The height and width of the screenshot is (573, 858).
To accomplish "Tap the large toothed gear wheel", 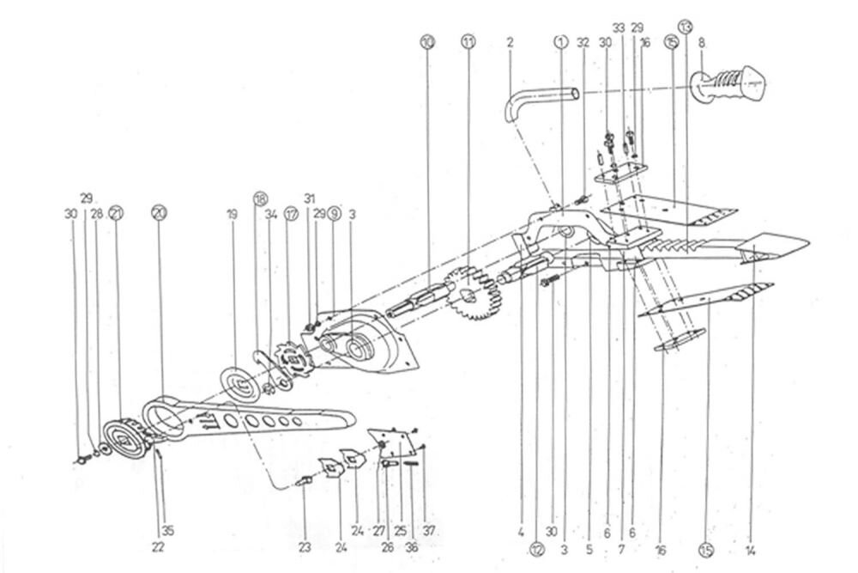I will [468, 296].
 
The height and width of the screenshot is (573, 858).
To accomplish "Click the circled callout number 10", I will [428, 40].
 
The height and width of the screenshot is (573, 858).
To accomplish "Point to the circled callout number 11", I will [468, 40].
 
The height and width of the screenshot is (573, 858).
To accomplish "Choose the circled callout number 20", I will [157, 212].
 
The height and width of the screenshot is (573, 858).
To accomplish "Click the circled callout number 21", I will [115, 212].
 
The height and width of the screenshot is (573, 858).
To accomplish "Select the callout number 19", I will [231, 212].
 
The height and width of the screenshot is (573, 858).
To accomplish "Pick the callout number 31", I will [310, 197].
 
